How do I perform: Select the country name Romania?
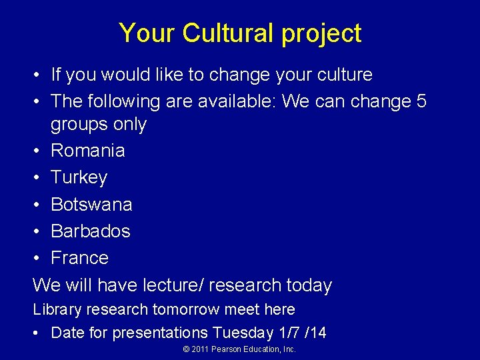click(x=87, y=150)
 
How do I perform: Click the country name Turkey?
click(x=79, y=177)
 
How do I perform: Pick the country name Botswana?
click(x=91, y=204)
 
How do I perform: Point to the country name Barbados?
click(x=91, y=231)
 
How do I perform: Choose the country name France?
click(x=79, y=257)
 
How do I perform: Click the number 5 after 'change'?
click(x=421, y=101)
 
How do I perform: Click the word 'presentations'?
click(x=161, y=333)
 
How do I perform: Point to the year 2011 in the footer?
click(x=199, y=349)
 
